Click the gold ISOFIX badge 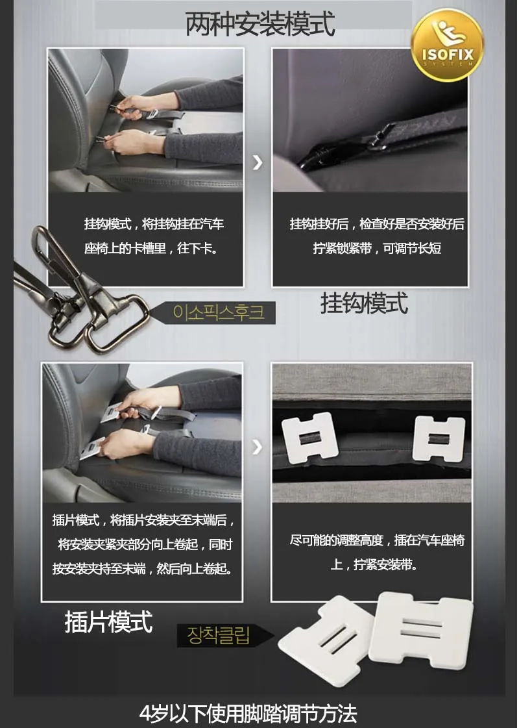[447, 45]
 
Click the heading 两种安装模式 [259, 23]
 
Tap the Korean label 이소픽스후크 [219, 312]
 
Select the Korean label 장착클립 [219, 635]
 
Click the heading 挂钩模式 [364, 303]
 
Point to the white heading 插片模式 [108, 621]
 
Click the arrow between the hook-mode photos [258, 162]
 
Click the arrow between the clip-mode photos [257, 447]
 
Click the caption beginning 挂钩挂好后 [377, 236]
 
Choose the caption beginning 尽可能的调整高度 [377, 553]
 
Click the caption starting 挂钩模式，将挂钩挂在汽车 [154, 236]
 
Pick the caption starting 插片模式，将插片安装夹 [143, 544]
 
